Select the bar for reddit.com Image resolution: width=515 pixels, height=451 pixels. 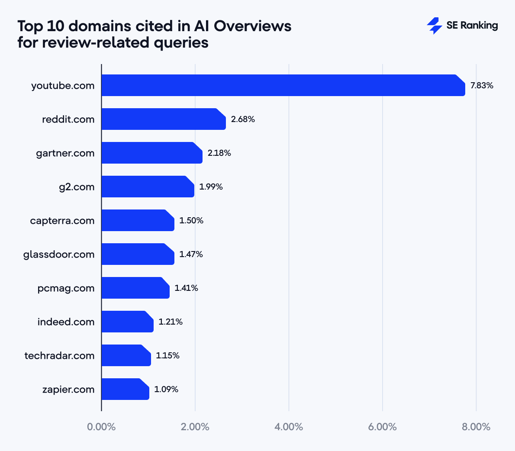coord(164,119)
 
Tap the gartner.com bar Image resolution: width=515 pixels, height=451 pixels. coord(152,153)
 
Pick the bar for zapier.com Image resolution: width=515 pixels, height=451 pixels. coord(125,389)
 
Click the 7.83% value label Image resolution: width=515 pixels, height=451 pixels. coord(482,85)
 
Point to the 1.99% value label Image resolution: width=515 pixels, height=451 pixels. coord(211,187)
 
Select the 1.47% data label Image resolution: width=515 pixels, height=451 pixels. coord(191,254)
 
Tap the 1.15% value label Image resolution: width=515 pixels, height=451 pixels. coord(167,355)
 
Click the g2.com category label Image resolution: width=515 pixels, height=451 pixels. coord(77,187)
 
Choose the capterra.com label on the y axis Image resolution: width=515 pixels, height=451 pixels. coord(62,221)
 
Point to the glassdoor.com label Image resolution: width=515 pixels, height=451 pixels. coord(59,254)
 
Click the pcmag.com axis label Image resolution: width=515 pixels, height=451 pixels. coord(66,288)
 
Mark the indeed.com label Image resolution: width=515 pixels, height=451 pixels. coord(66,322)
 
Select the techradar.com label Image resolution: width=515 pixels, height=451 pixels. coord(59,356)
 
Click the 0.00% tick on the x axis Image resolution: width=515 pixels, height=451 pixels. coord(101,427)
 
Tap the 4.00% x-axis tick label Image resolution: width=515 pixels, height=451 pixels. coord(289,427)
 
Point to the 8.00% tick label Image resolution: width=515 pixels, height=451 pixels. coord(476,427)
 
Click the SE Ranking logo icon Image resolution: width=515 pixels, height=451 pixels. coord(434,26)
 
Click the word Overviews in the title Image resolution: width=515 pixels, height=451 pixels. coord(252,26)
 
